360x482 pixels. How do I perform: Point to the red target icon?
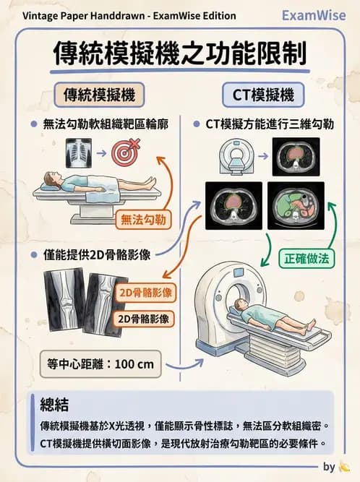tap(124, 152)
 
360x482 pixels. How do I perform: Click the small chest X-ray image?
tap(79, 152)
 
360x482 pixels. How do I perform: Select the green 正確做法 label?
tap(307, 256)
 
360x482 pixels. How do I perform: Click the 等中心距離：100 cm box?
tap(100, 364)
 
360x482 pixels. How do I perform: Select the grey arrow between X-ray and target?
tap(101, 153)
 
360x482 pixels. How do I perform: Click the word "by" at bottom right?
tap(329, 466)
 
